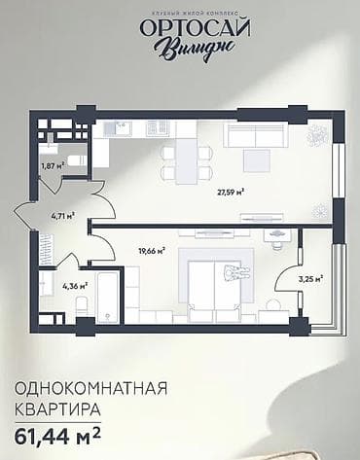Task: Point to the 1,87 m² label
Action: click(x=51, y=166)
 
